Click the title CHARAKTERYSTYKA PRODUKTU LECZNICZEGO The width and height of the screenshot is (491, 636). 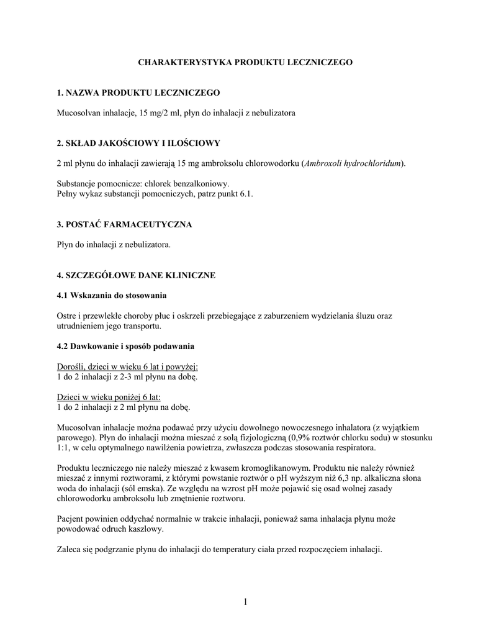point(245,63)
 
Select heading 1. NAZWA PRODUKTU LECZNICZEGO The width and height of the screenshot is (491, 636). point(138,93)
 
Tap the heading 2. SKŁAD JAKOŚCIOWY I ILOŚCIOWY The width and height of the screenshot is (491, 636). point(138,143)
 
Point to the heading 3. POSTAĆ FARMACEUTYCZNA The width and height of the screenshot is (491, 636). point(124,224)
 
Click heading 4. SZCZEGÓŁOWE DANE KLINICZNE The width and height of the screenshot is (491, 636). point(136,275)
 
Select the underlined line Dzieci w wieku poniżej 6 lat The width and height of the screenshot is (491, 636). point(109,397)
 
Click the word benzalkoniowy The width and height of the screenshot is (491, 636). point(203,184)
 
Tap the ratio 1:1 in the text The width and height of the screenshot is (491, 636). point(62,448)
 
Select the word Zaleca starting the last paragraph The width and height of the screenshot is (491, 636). point(68,550)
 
